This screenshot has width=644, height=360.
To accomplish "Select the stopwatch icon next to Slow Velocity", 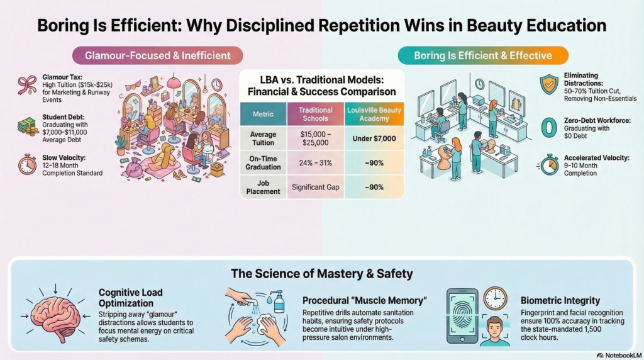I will (x=27, y=164).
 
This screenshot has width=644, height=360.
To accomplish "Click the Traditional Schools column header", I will (x=316, y=115).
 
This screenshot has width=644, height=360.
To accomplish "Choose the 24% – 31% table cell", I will (x=316, y=163).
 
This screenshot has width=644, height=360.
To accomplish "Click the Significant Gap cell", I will (x=316, y=187).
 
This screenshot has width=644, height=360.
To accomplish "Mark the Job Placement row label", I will (x=264, y=187).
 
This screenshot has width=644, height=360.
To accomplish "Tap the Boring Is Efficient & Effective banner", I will (x=483, y=56).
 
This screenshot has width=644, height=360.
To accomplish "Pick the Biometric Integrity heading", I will (x=560, y=300).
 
